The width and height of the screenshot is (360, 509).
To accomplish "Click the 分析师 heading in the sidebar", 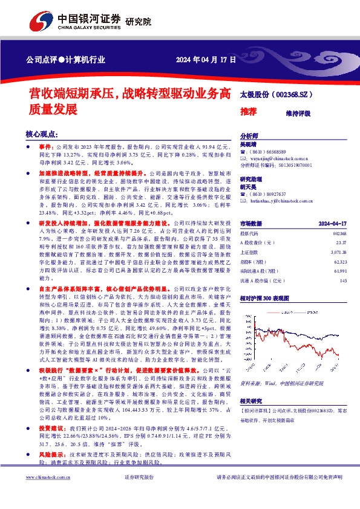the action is [249, 136].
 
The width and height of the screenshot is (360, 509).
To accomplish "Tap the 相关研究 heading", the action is [250, 401].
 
